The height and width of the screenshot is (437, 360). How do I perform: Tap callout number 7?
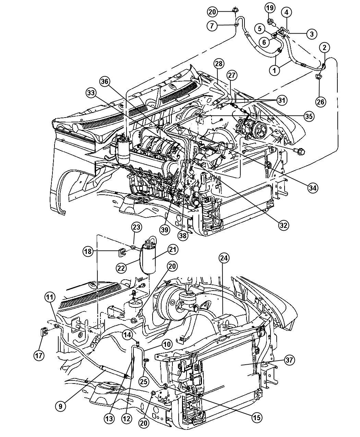click(x=212, y=25)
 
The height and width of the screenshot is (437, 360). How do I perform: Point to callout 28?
click(x=219, y=63)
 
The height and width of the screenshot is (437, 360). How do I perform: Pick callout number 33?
click(x=91, y=93)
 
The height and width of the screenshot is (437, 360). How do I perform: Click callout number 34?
click(x=312, y=187)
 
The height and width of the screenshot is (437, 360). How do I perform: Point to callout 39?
click(x=165, y=229)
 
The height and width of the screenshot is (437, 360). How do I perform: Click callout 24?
click(x=225, y=258)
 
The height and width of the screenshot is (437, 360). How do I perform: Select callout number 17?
click(x=39, y=355)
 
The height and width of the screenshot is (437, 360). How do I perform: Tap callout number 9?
click(x=60, y=406)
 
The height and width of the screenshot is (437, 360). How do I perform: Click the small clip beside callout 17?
click(x=44, y=332)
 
